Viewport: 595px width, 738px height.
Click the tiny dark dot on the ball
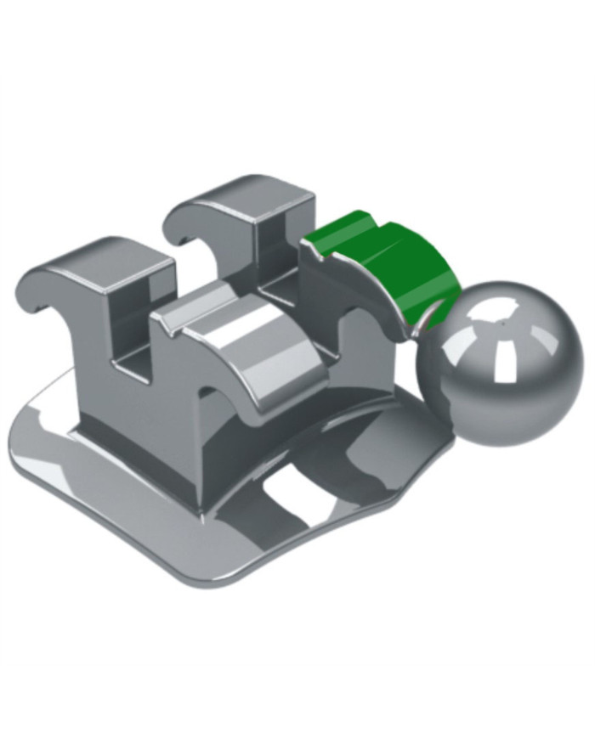point(502,322)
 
